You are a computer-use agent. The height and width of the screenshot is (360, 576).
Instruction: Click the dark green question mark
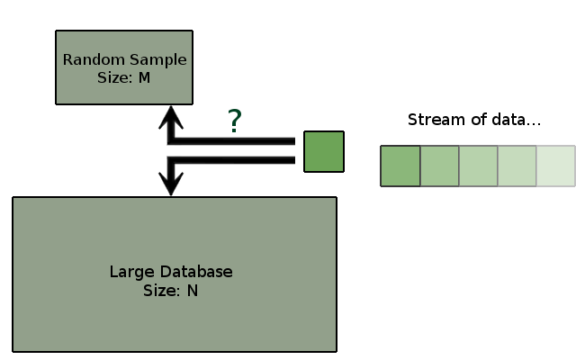coord(235,121)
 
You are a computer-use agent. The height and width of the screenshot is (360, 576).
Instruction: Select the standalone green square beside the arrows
coord(323,151)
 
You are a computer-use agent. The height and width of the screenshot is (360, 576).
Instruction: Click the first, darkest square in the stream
coord(400,166)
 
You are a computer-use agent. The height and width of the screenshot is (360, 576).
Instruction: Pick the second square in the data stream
coord(439,166)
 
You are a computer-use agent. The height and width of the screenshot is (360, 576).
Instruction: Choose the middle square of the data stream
coord(478,166)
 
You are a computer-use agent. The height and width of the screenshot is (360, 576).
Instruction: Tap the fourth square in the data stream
coord(517,166)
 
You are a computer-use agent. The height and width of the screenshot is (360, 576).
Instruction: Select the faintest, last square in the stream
coord(555,166)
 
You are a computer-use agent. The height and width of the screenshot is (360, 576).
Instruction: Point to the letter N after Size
coord(193,290)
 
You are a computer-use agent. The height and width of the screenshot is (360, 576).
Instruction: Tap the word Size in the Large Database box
coord(161,290)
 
